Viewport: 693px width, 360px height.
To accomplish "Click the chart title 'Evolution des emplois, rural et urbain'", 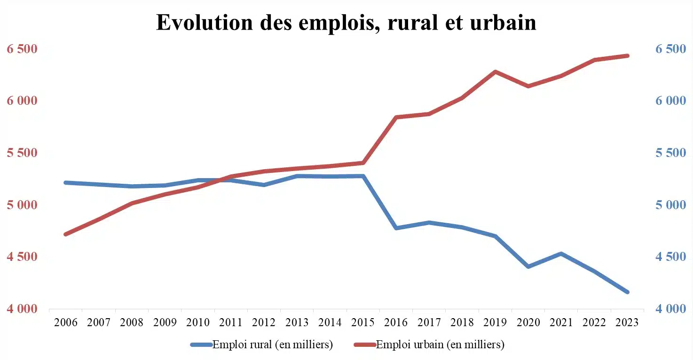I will click(x=346, y=22).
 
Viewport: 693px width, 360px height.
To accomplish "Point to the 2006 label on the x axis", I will click(x=66, y=322).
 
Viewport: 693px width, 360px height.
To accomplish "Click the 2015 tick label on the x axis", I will click(x=363, y=322).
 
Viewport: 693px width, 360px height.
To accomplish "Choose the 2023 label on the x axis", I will click(x=627, y=322).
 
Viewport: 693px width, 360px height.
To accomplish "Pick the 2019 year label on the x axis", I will click(x=495, y=322).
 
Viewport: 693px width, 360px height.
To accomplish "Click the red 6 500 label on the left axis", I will click(x=22, y=49).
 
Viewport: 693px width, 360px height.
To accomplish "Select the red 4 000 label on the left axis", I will click(x=22, y=309).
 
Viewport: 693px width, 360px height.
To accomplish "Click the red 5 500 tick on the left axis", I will click(x=22, y=153).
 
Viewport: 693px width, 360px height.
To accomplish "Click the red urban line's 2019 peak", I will click(x=495, y=72).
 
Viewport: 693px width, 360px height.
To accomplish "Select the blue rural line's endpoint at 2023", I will click(x=627, y=292).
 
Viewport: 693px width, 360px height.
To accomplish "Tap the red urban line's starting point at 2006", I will click(x=66, y=234).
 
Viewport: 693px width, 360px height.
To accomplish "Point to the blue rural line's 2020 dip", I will click(x=528, y=266).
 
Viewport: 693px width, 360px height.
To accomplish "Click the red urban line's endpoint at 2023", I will click(x=627, y=55).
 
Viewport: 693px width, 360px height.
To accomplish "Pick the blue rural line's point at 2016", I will click(x=396, y=228).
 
